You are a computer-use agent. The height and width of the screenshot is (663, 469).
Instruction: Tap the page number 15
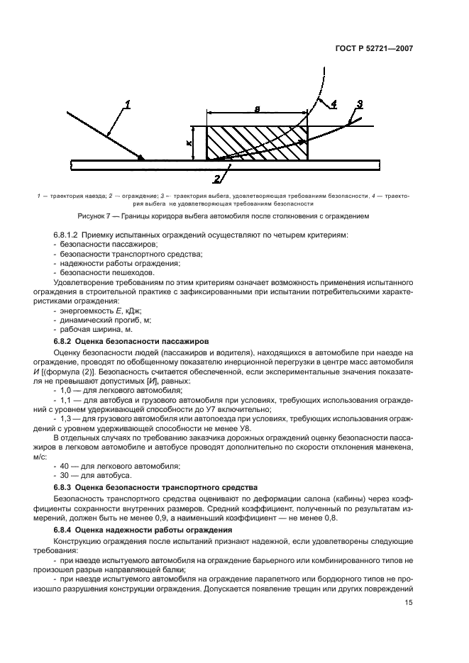click(409, 603)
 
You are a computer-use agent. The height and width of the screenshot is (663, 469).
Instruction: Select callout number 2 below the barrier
click(217, 177)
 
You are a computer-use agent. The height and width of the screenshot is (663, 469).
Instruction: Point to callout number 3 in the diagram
click(360, 104)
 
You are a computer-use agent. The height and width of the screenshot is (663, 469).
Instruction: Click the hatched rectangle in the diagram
click(257, 143)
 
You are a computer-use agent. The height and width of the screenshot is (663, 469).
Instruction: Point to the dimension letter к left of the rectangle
click(189, 143)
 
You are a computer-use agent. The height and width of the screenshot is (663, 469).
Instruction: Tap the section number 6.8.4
click(66, 530)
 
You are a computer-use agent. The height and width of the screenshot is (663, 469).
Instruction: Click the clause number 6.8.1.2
click(70, 235)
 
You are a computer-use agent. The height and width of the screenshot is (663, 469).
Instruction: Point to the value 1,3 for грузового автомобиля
click(66, 417)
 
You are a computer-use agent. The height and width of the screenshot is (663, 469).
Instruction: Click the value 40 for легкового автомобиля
click(65, 465)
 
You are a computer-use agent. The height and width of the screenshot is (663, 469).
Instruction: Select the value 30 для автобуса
click(65, 475)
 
